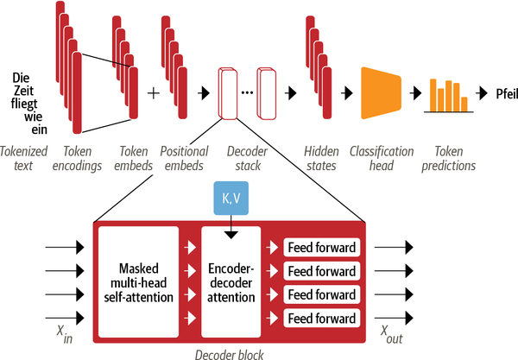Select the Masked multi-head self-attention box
(138, 281)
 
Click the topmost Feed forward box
(321, 249)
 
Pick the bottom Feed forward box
(321, 319)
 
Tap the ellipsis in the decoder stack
(247, 92)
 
